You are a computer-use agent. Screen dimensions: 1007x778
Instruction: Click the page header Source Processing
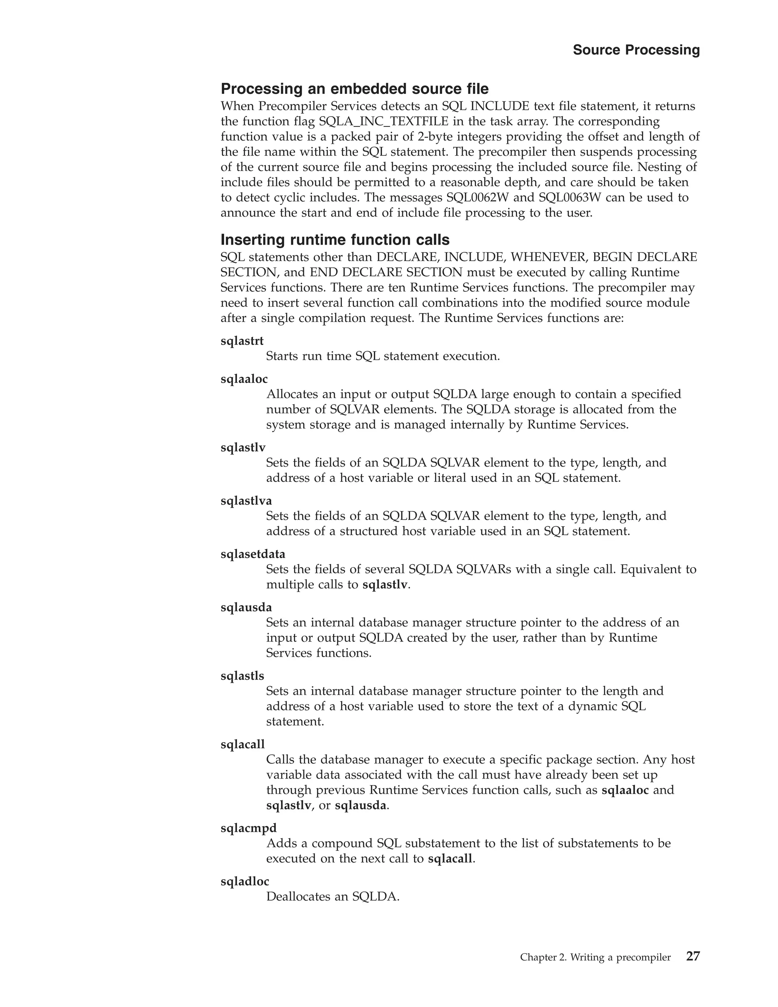coord(636,50)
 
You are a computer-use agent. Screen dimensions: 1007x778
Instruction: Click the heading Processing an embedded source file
coord(354,88)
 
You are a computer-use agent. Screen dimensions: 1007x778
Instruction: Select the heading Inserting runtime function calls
coord(335,239)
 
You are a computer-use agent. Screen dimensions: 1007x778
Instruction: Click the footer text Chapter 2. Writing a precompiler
coord(595,957)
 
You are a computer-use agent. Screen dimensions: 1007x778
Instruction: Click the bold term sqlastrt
coord(242,341)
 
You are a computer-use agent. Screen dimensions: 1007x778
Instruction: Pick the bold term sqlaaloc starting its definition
coord(244,378)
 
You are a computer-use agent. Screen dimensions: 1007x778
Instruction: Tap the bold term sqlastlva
coord(246,500)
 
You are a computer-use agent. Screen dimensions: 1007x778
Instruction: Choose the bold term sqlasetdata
coord(253,554)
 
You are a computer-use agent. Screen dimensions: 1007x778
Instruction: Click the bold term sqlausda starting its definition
coord(246,607)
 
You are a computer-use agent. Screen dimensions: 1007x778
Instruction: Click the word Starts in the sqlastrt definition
coord(281,356)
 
